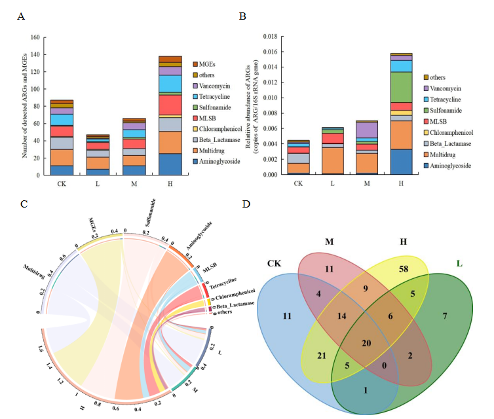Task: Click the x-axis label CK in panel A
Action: tap(62, 185)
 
